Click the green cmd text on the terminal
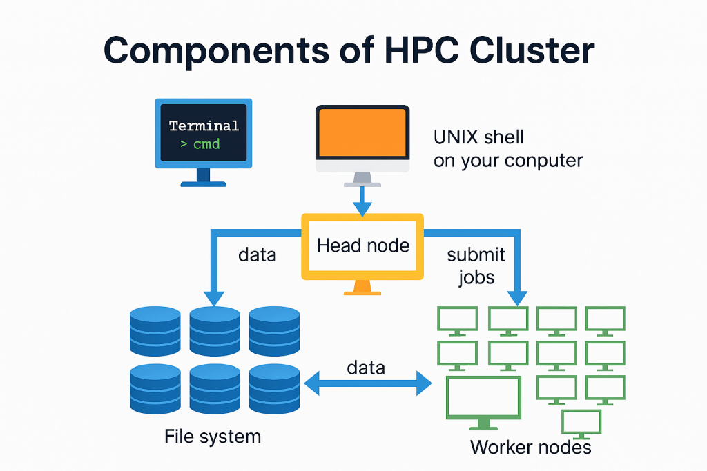[x=206, y=144]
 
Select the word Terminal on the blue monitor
[x=204, y=126]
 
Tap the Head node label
[x=363, y=245]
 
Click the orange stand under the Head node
[x=362, y=287]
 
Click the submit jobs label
[x=476, y=265]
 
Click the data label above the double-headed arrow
[x=366, y=367]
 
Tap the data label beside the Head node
[x=258, y=254]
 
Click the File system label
[x=213, y=437]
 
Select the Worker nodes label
[x=530, y=447]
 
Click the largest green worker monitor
[x=483, y=400]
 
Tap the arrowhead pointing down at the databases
[x=214, y=297]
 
